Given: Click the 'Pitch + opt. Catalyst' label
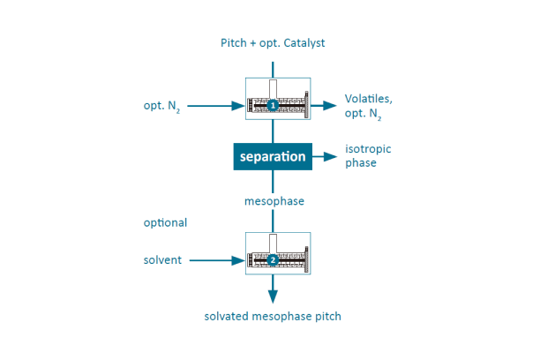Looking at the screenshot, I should (x=274, y=43).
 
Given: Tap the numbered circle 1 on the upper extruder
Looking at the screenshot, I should (x=273, y=106).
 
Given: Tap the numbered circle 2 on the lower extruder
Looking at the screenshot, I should (x=273, y=260).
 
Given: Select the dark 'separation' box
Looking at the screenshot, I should (x=273, y=157).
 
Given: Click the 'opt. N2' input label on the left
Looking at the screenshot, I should (x=162, y=107).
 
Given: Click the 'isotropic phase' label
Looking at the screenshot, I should (x=368, y=156).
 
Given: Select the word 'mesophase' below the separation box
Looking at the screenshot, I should (x=274, y=201).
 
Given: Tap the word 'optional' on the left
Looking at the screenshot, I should (x=166, y=222).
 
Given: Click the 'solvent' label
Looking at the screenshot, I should (x=162, y=260).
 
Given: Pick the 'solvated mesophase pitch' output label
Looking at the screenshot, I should (x=273, y=316).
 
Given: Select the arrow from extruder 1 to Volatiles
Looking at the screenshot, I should (x=323, y=106).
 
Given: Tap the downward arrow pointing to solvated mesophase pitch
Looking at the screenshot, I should (x=273, y=290).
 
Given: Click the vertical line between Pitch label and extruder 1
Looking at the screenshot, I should (x=273, y=68).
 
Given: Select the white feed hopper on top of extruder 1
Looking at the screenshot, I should (x=274, y=88).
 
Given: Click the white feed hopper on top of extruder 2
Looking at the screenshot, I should (x=274, y=243).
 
